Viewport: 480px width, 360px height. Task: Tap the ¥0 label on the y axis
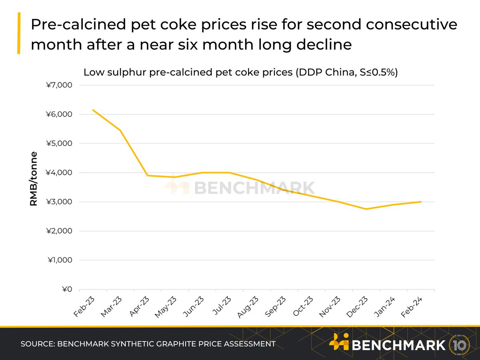66,289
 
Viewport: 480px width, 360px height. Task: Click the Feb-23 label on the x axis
84,307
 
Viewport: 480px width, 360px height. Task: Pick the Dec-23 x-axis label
358,307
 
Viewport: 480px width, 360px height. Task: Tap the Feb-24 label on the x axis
413,307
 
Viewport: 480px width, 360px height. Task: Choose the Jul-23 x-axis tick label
221,307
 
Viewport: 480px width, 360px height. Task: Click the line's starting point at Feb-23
93,110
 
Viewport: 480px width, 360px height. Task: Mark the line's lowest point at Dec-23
366,209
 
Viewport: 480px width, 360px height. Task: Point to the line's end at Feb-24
421,202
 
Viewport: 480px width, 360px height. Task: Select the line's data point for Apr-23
148,176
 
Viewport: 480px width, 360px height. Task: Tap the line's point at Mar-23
120,130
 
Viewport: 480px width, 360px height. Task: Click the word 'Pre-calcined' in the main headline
75,25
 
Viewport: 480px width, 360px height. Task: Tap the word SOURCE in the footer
39,344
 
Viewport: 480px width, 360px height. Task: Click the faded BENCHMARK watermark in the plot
240,188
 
